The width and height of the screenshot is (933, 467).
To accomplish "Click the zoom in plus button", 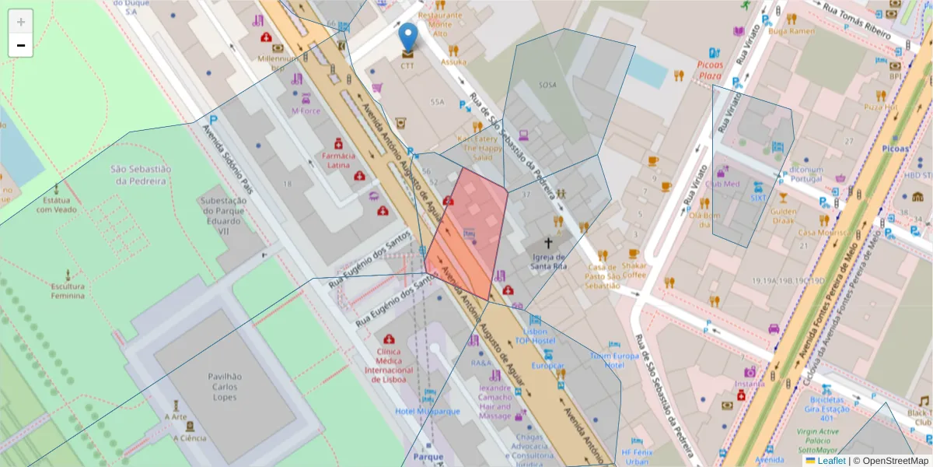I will pos(21,23).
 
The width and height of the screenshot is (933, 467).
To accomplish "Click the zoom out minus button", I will pos(21,46).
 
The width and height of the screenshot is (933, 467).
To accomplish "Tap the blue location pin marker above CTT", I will pos(407,37).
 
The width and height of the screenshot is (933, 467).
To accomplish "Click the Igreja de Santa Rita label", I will pos(548,261).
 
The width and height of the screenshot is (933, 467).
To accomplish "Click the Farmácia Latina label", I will pos(338,160).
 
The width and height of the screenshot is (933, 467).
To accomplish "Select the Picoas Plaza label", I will pos(710,71).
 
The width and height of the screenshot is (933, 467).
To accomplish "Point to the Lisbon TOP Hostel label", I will pos(535,336).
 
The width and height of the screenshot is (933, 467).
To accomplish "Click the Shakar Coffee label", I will pos(634,269).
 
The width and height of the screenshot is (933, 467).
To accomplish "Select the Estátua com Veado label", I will pos(56,205).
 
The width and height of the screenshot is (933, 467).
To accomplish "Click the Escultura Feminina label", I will pos(68,290).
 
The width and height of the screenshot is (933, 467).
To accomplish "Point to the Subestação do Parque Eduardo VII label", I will pos(223,214).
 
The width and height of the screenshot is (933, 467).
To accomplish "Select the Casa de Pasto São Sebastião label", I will pos(603,276).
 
